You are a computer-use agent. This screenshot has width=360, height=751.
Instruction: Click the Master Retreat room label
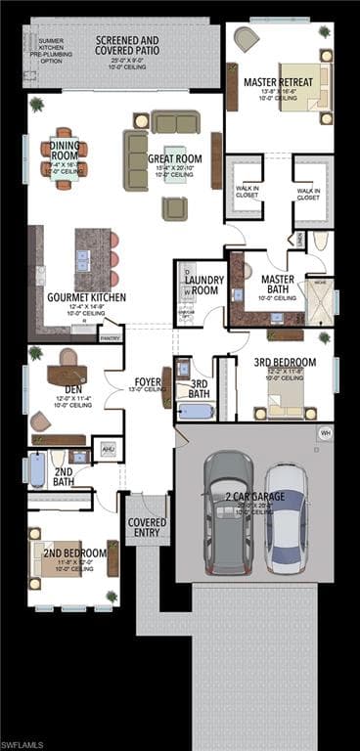(278, 82)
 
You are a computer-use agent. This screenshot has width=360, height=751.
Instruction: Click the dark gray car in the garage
(229, 510)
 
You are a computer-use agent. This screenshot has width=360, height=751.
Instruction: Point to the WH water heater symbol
(324, 433)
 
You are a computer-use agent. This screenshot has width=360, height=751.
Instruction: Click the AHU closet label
(108, 449)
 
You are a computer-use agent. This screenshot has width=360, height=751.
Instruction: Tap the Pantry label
(110, 338)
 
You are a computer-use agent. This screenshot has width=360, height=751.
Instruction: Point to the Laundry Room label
(203, 286)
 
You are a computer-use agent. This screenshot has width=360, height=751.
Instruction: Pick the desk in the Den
(67, 374)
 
